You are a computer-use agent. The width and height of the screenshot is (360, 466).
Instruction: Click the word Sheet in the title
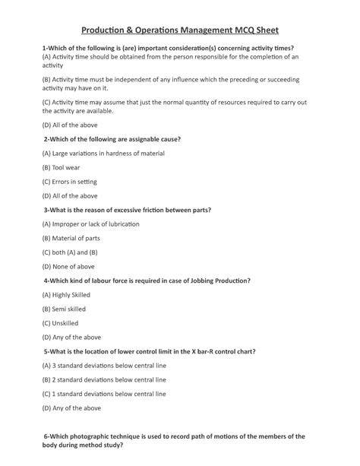point(263,30)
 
